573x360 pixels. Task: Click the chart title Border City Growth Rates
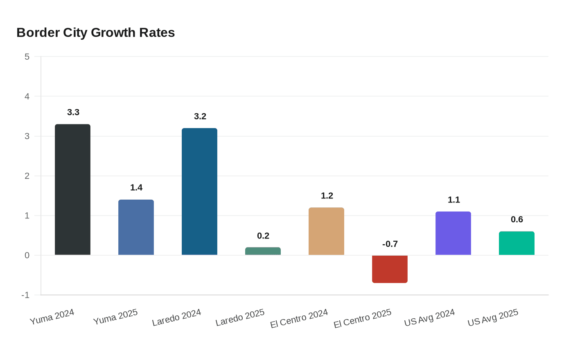point(95,33)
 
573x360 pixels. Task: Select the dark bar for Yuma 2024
point(72,189)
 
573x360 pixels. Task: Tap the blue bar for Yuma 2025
point(136,227)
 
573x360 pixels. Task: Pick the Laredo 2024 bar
point(199,191)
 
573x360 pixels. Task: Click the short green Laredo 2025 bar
point(263,251)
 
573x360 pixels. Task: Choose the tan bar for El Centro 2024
point(326,231)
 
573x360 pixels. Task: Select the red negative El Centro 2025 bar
point(390,269)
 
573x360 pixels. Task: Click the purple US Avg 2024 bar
point(453,233)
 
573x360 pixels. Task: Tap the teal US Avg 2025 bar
point(517,243)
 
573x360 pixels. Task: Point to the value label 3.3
point(73,112)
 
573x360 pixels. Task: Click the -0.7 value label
point(390,244)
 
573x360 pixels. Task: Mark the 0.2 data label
point(263,236)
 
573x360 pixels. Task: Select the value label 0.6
point(517,219)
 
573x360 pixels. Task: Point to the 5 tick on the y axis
point(27,56)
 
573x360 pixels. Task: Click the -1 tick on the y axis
point(25,295)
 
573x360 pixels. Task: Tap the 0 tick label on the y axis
point(27,255)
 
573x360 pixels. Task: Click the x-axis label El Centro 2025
point(363,318)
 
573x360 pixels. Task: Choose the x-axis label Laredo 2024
point(176,317)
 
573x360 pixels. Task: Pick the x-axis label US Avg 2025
point(493,317)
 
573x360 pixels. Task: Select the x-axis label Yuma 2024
point(52,317)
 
